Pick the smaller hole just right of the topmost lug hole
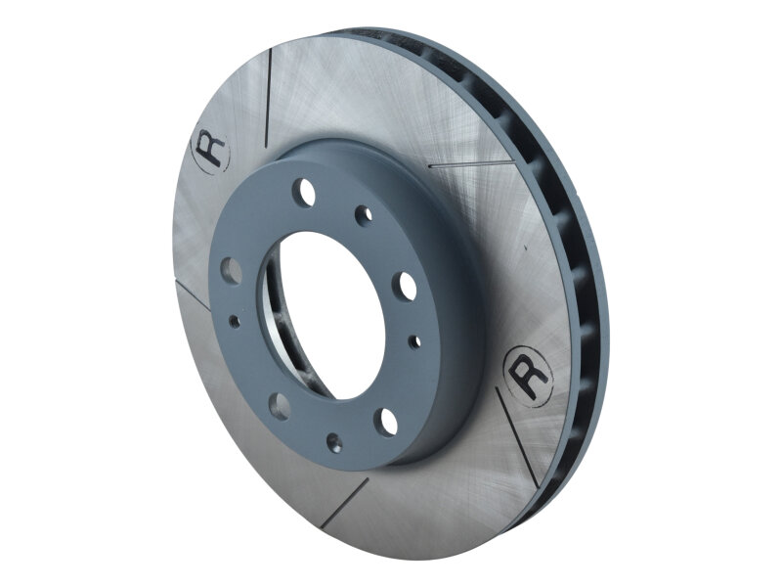click(x=364, y=215)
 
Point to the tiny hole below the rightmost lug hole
click(x=415, y=341)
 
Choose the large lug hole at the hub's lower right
click(x=388, y=422)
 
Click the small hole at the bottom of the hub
click(x=334, y=443)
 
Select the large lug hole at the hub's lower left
click(x=278, y=405)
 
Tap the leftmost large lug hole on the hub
click(x=231, y=270)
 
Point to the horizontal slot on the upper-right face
click(x=470, y=164)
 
